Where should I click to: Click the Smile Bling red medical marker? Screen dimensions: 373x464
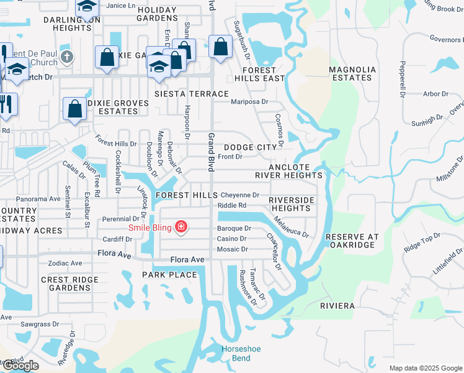point(181,227)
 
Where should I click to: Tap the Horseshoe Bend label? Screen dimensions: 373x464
point(236,354)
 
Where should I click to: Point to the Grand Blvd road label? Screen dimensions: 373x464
point(211,152)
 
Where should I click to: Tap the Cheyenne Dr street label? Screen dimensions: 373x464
point(239,195)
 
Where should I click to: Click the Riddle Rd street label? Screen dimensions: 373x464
point(232,206)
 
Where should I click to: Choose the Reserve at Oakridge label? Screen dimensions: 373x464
point(351,241)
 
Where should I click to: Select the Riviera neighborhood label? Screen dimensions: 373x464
point(337,306)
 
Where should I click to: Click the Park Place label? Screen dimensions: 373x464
point(169,275)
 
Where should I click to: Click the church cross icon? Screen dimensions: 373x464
point(68,57)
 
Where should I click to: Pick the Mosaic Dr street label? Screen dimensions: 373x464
point(232,249)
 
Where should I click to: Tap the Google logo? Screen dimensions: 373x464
point(20,366)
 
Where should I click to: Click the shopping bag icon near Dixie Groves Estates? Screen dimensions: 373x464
point(74,109)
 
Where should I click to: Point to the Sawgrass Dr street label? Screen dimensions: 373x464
point(38,324)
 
